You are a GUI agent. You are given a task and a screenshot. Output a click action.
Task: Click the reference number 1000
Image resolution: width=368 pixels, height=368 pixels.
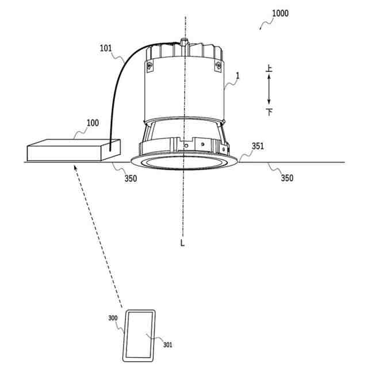[281, 13]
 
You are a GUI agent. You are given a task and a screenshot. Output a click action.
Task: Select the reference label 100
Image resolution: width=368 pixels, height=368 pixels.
[91, 123]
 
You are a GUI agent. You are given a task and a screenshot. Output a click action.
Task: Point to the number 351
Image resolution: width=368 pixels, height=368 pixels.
[258, 146]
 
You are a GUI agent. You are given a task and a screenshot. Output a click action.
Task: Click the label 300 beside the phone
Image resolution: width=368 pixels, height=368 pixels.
[113, 317]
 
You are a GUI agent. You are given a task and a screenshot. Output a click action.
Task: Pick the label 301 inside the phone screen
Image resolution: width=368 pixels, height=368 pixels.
[167, 345]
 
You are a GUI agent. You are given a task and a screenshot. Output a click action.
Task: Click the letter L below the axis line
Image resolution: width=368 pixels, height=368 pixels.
[182, 243]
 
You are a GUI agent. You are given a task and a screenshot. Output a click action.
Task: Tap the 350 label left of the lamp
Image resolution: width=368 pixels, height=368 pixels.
[131, 178]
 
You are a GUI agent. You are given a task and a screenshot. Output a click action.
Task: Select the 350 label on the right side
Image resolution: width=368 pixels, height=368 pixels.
[286, 178]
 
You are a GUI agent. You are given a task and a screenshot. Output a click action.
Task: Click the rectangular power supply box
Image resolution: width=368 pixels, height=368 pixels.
[74, 151]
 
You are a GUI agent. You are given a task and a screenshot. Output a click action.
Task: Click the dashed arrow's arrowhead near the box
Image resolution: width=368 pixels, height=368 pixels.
[76, 167]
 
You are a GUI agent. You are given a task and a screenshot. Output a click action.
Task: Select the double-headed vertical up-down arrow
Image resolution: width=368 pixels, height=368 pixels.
[269, 90]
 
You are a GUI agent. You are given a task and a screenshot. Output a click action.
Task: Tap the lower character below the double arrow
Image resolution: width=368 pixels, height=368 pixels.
[270, 111]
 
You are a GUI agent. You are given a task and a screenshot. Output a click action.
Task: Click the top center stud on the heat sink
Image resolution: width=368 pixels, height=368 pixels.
[183, 42]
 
